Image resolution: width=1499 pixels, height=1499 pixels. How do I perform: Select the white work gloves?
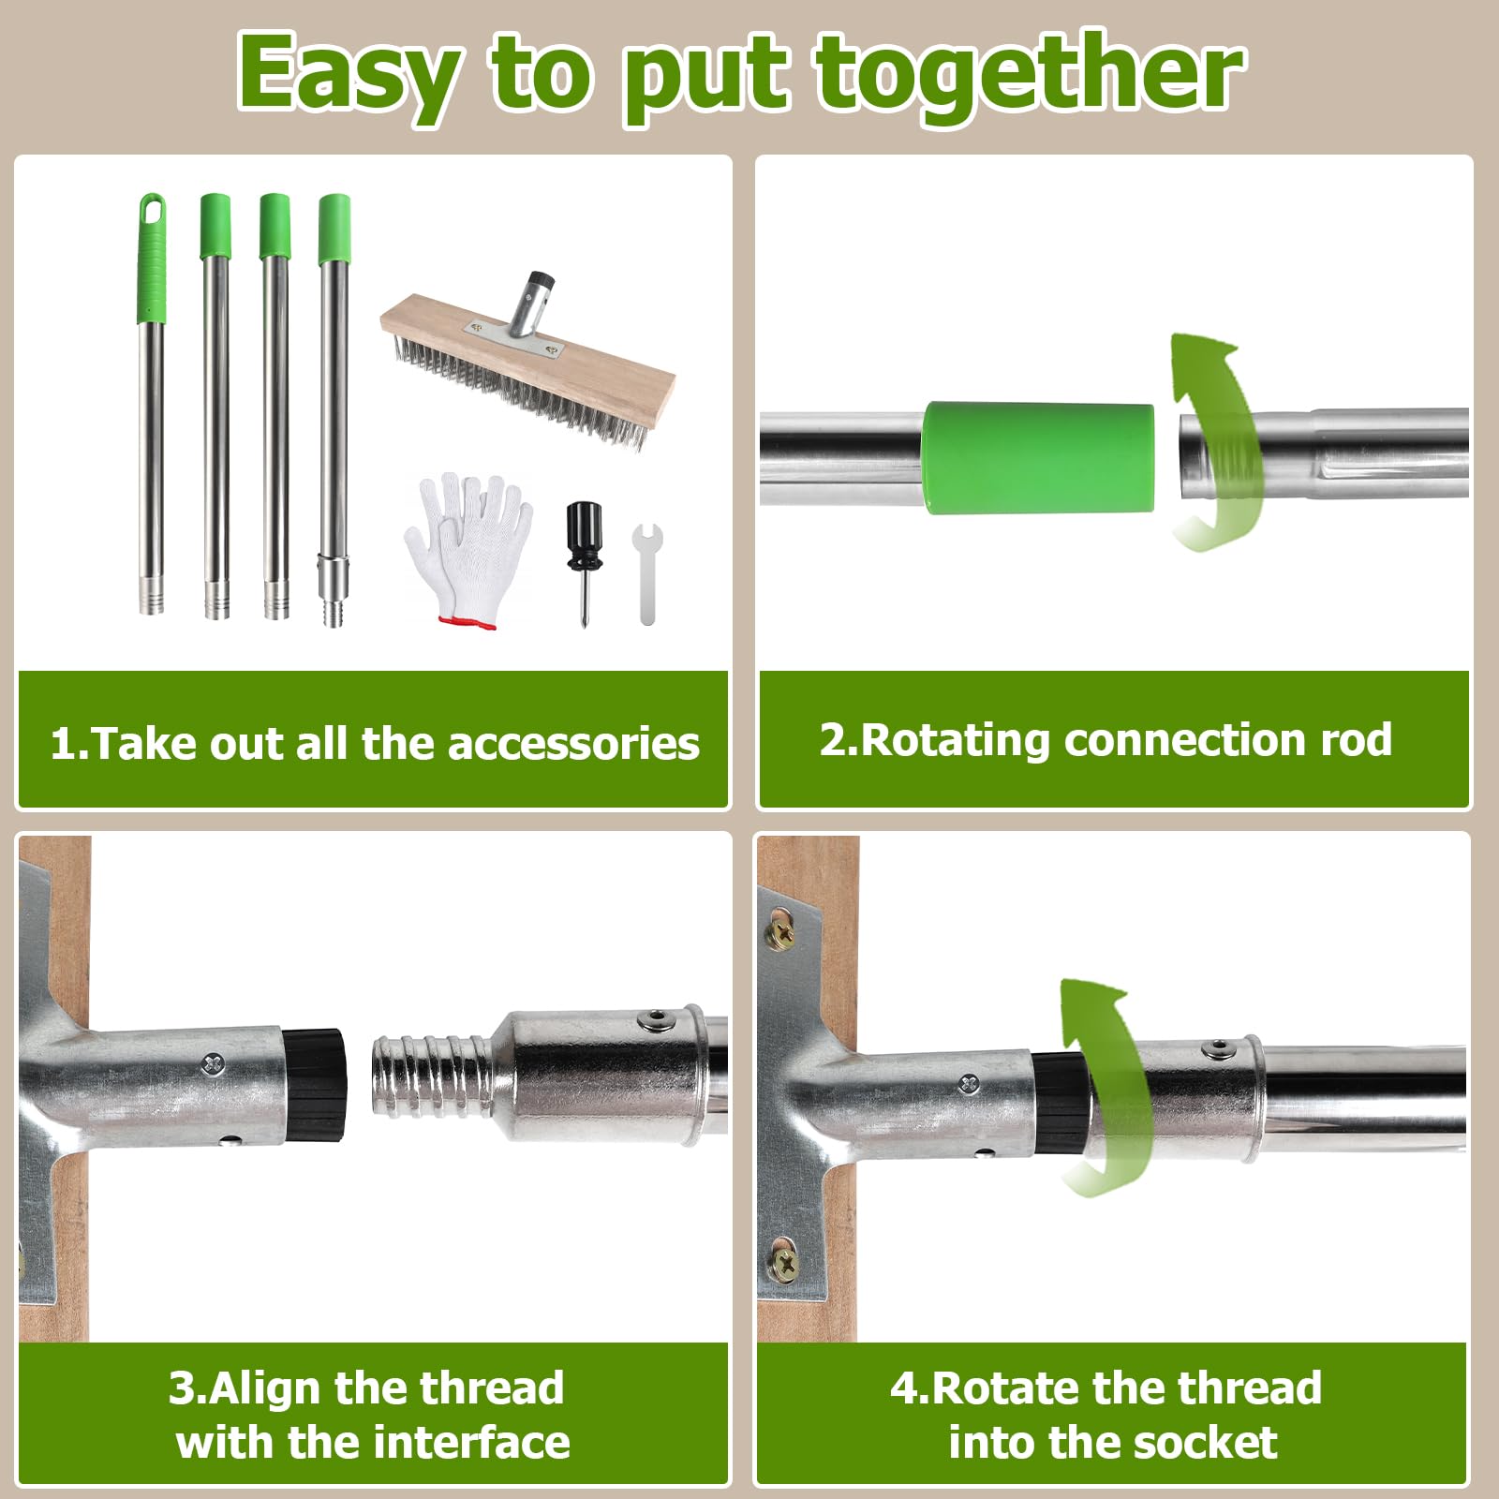[468, 548]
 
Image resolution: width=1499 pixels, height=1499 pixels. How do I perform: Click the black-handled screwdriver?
[583, 563]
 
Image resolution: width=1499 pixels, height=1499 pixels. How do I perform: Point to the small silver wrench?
[647, 573]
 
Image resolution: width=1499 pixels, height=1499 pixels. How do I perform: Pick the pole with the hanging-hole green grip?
[152, 404]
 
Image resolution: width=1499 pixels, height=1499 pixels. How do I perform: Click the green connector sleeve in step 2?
[1038, 457]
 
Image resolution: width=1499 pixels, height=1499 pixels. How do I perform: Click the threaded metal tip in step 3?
[431, 1076]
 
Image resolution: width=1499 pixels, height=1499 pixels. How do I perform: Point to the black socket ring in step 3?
[315, 1085]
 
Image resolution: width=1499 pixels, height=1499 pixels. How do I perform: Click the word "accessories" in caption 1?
[573, 744]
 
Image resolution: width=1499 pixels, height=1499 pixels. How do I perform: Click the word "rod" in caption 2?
[1356, 740]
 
